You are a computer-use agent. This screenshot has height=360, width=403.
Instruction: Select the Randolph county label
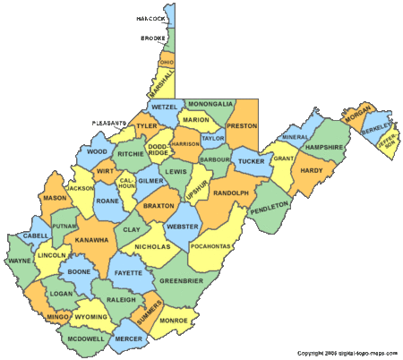click(x=230, y=192)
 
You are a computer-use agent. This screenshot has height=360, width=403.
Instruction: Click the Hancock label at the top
click(x=150, y=18)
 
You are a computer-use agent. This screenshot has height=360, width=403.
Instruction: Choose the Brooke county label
click(x=153, y=39)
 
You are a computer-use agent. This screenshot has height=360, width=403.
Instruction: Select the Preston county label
click(x=241, y=126)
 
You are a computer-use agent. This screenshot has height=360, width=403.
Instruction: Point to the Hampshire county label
click(x=323, y=147)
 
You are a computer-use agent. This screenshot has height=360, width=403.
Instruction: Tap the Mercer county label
click(x=128, y=339)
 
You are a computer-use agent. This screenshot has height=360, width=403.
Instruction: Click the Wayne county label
click(x=21, y=262)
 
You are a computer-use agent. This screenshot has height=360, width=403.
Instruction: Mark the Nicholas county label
click(x=151, y=246)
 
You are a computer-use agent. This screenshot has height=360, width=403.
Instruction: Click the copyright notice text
click(x=347, y=354)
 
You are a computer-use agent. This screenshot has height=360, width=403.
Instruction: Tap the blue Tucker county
click(x=252, y=162)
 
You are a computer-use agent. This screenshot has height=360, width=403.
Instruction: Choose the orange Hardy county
click(x=311, y=170)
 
